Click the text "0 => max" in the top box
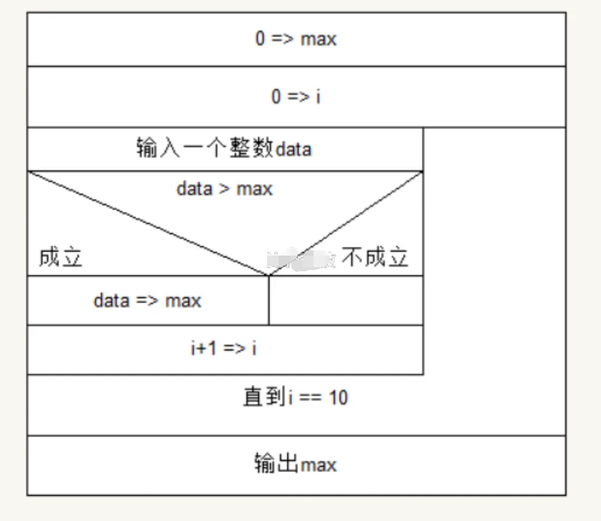click(x=296, y=39)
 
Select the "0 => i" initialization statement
click(x=296, y=96)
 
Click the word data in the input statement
click(x=293, y=150)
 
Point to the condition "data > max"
click(x=224, y=189)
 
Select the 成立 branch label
click(x=60, y=257)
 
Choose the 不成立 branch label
click(x=375, y=257)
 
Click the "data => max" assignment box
click(x=147, y=301)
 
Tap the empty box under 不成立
click(x=346, y=301)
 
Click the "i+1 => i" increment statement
click(x=224, y=349)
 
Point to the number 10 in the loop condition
click(x=338, y=398)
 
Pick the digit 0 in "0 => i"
click(x=276, y=96)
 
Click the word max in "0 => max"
click(x=318, y=40)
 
